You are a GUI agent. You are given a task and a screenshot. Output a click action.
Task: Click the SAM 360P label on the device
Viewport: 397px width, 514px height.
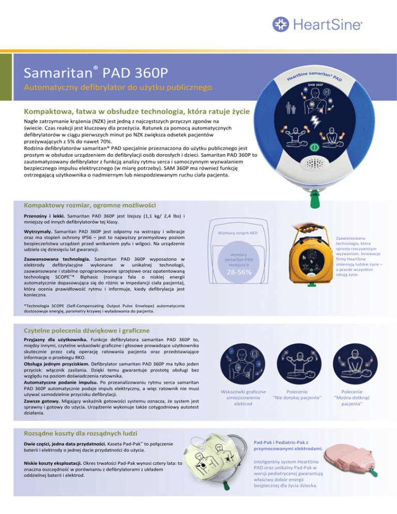(x=315, y=84)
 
